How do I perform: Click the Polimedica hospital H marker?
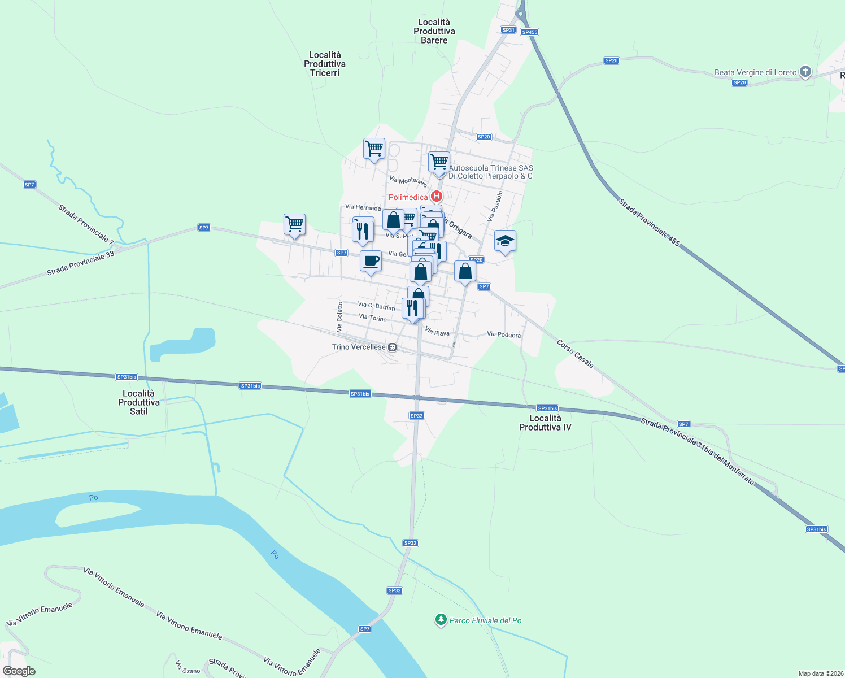[436, 197]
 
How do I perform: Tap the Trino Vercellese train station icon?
[393, 347]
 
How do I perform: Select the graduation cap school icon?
[505, 242]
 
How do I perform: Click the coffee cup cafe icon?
[371, 262]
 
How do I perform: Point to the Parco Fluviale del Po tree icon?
[441, 620]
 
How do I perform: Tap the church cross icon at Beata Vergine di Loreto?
[805, 72]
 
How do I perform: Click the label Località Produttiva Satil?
[139, 402]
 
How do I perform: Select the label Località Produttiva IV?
[545, 423]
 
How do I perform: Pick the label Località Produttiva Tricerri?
[325, 64]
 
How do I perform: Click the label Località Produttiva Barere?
[434, 31]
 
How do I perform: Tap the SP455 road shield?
[530, 32]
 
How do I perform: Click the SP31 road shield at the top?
[508, 30]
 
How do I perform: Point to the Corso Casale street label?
[575, 354]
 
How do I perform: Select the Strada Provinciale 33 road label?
[81, 263]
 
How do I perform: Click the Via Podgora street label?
[504, 335]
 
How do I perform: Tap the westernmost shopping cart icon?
[294, 225]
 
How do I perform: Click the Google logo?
[19, 671]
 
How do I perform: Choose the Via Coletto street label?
[340, 316]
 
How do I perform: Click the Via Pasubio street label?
[495, 206]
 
